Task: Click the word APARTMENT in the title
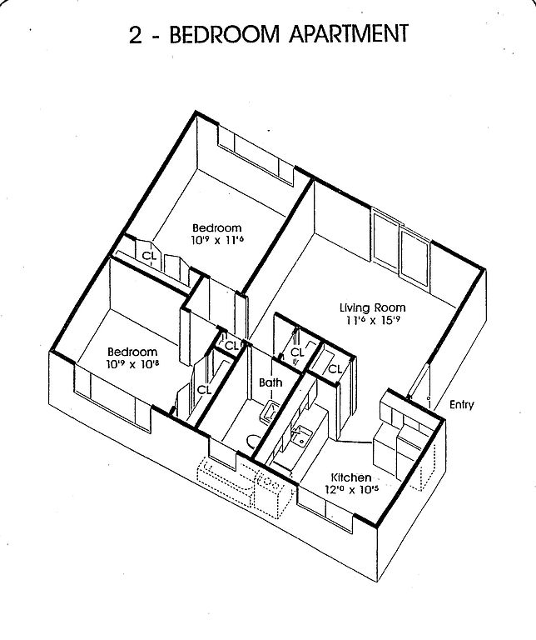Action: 343,34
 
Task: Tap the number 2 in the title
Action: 136,35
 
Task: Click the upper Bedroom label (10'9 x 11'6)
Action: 216,227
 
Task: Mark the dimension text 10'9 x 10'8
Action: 132,364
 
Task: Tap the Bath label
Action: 270,383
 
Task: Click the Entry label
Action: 461,406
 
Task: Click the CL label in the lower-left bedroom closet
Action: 205,389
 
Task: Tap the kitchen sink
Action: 302,433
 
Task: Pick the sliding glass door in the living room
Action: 401,247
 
